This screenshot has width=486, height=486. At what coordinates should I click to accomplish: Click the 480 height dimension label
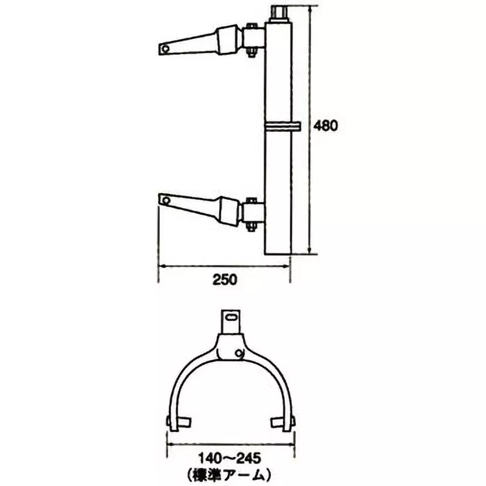tap(325, 126)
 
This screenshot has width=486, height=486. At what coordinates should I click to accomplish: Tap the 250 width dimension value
tap(225, 280)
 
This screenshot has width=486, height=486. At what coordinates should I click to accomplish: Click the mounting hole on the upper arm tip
tap(165, 47)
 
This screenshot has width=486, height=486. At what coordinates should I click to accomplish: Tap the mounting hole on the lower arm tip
tap(164, 199)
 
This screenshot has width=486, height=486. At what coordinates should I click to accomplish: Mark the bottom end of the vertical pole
tap(279, 253)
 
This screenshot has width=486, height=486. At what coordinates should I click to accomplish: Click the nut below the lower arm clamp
tap(250, 228)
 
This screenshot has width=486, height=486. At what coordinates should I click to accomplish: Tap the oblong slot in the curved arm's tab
tap(231, 316)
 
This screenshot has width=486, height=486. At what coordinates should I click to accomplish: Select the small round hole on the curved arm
tap(241, 352)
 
